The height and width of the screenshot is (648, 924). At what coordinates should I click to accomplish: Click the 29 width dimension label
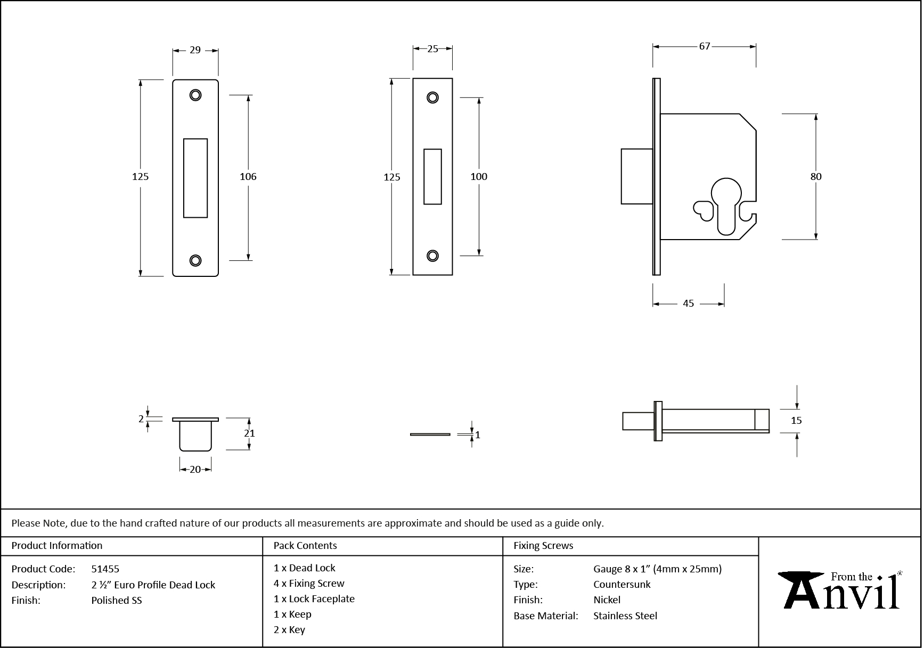[195, 50]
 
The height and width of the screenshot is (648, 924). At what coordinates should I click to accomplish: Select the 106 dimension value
[248, 177]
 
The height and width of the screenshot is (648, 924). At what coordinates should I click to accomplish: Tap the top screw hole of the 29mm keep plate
[195, 95]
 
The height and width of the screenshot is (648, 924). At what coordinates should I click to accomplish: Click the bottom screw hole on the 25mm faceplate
[432, 256]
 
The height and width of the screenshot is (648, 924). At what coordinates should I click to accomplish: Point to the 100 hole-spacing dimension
[478, 177]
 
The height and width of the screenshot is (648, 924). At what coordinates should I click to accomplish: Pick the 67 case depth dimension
[704, 46]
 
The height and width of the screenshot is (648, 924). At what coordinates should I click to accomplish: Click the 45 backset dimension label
[688, 304]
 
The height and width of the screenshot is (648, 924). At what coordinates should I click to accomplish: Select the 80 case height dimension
[815, 177]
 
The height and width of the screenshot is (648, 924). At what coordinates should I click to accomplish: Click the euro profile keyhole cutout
[726, 205]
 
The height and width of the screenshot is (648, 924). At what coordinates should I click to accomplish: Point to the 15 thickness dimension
[796, 421]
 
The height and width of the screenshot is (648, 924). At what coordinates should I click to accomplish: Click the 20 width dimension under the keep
[195, 469]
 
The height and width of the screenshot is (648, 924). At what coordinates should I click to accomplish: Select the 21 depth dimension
[249, 433]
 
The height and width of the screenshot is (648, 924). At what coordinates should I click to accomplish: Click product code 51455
[105, 569]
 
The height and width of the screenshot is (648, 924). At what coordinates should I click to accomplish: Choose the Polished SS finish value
[117, 600]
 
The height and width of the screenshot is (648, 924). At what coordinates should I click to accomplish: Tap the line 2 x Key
[289, 630]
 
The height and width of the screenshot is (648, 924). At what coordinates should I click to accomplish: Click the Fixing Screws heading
[543, 546]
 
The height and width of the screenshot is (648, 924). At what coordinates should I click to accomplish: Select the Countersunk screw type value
[622, 584]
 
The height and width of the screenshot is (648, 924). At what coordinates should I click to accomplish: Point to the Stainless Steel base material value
[625, 616]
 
